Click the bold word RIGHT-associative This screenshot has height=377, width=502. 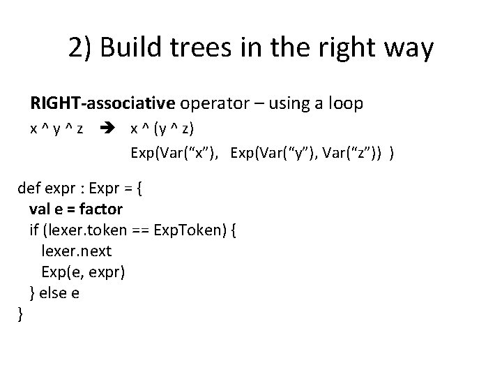tap(102, 104)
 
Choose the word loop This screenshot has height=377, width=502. tap(343, 104)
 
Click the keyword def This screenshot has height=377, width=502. tap(29, 187)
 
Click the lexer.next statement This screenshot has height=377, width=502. tap(77, 250)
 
